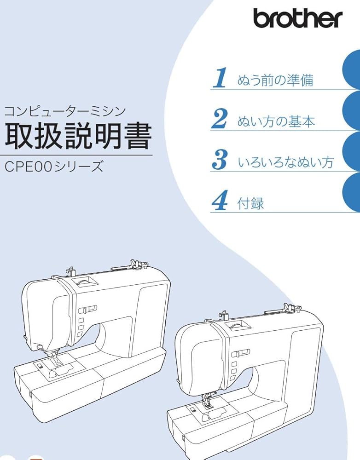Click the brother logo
297,18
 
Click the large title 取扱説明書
78,135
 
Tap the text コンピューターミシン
64,111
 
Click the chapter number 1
221,78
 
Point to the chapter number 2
220,119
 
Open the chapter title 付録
251,203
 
